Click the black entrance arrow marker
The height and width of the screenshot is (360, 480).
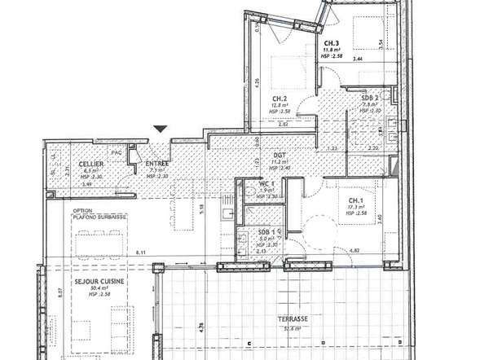[161, 128]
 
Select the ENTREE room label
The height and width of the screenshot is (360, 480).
[156, 164]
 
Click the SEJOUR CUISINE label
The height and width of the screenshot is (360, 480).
[76, 279]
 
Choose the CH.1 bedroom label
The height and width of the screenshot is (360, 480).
[357, 200]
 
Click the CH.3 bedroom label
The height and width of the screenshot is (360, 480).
[332, 43]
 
